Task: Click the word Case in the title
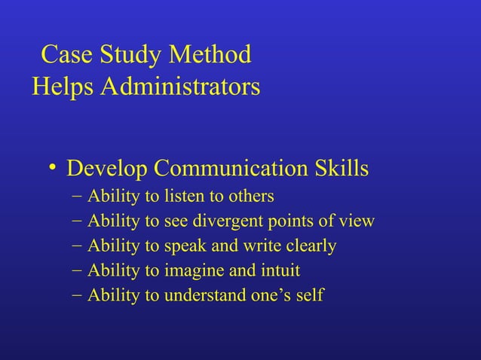click(x=66, y=56)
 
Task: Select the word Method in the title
click(x=211, y=56)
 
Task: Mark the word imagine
click(x=193, y=271)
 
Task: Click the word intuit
click(x=278, y=270)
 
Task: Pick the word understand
click(x=206, y=295)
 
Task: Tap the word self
click(x=309, y=295)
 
